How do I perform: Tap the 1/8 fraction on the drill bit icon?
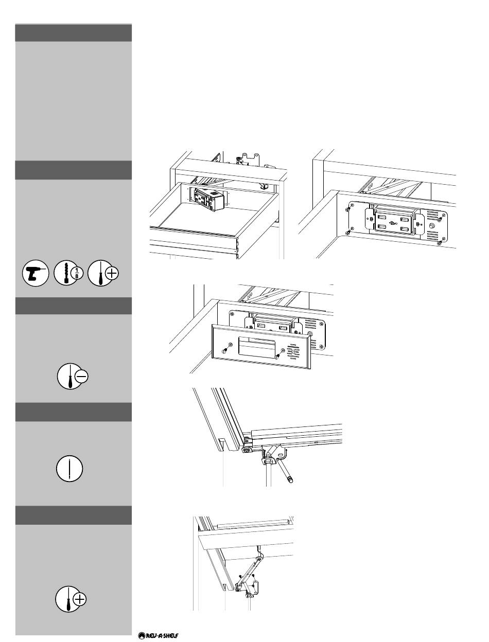(77, 274)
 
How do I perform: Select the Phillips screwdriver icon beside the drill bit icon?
(103, 274)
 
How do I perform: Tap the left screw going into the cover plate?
(225, 350)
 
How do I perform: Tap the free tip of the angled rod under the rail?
(291, 480)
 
